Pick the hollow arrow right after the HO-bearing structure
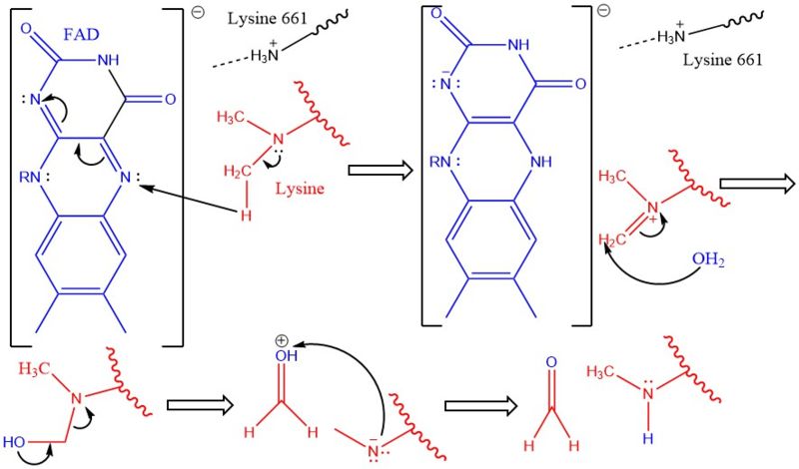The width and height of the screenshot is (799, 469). tap(196, 406)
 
